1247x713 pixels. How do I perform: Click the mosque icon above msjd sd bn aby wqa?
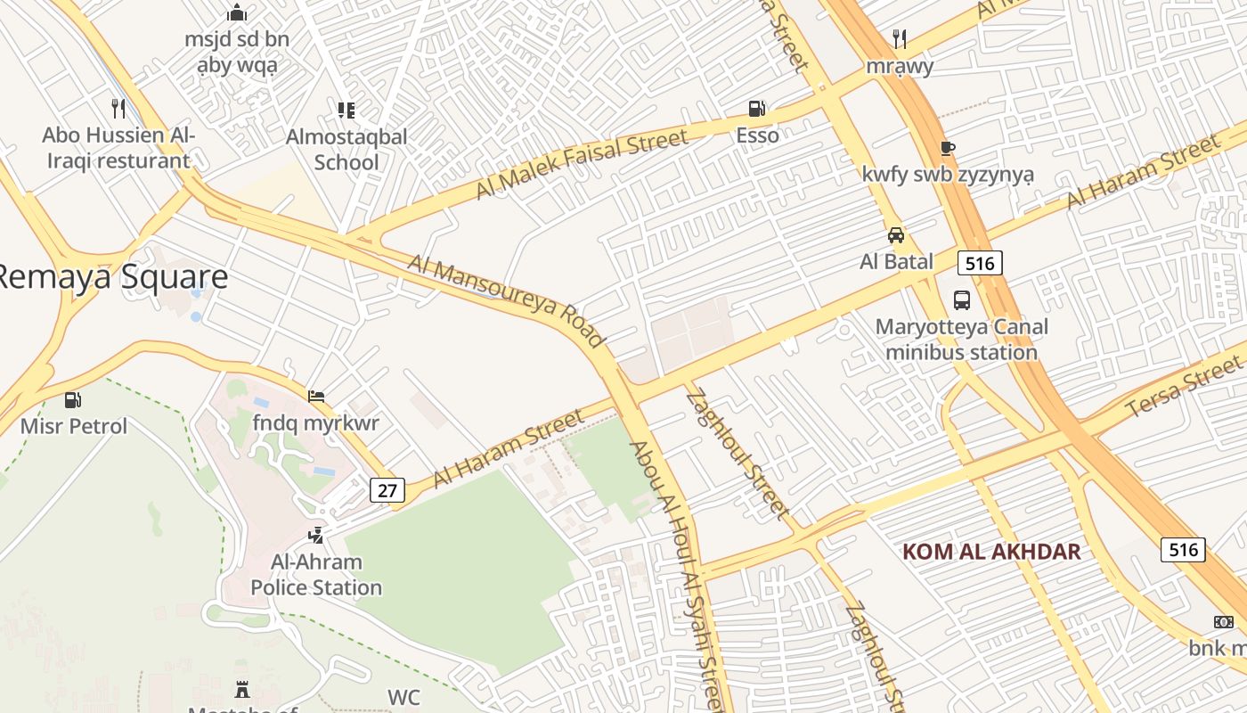[236, 12]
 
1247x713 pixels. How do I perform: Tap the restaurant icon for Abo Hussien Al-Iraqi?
[118, 108]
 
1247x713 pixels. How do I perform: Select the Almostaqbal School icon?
[346, 111]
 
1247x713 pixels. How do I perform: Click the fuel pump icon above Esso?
[756, 109]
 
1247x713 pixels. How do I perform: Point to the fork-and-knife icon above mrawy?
[900, 38]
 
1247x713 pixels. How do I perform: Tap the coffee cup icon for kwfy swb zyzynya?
[947, 148]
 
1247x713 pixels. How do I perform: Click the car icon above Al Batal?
[896, 235]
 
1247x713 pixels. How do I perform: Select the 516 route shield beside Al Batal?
[980, 262]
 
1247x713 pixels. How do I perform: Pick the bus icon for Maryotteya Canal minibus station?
[962, 299]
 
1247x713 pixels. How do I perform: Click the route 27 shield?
[387, 490]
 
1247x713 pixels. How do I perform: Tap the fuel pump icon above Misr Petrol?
[73, 400]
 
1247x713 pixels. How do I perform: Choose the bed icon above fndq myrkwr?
[316, 397]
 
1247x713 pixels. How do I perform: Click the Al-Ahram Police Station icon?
[315, 536]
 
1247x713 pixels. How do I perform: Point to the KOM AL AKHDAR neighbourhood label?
[991, 552]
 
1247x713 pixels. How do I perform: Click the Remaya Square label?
[111, 277]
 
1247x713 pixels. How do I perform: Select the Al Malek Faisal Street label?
[582, 163]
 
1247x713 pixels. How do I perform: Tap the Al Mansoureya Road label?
[507, 299]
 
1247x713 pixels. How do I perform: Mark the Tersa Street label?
[1184, 386]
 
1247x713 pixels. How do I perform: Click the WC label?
[403, 697]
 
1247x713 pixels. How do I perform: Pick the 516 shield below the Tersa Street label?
[1183, 549]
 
